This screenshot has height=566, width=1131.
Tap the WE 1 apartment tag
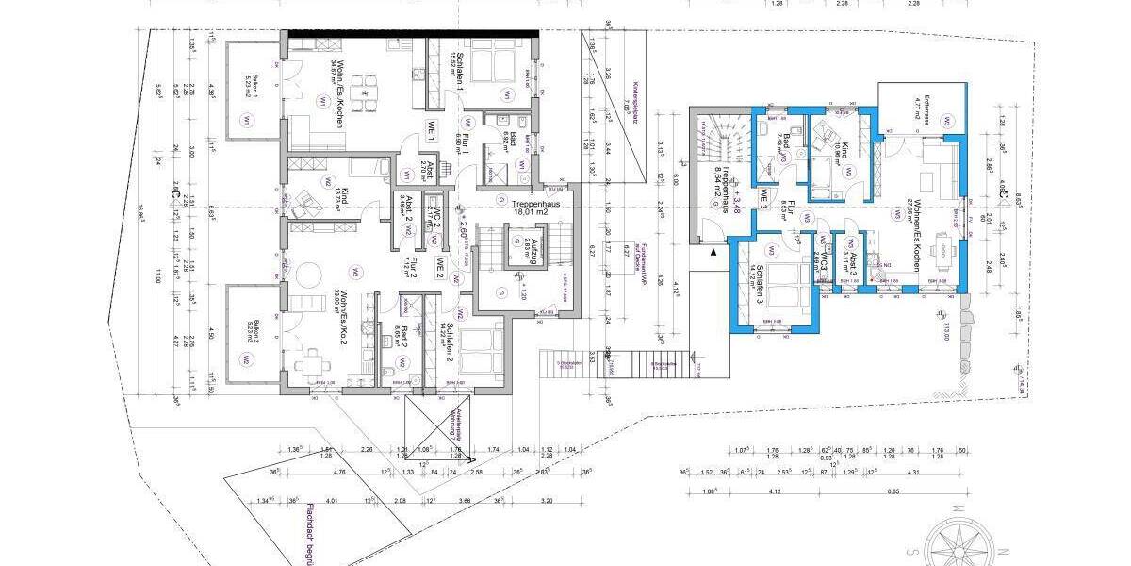click(x=433, y=131)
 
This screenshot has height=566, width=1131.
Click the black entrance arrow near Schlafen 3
click(x=713, y=253)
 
